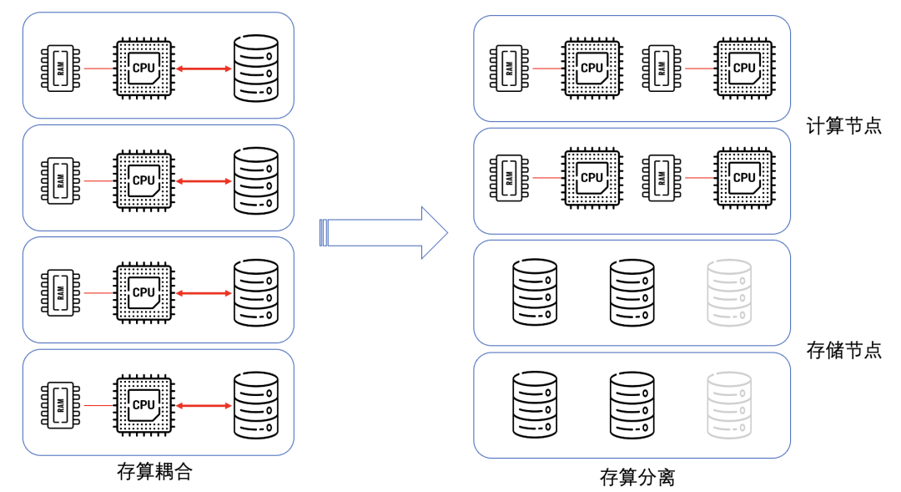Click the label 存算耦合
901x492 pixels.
[154, 471]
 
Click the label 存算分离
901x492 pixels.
[637, 478]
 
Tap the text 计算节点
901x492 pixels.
[843, 127]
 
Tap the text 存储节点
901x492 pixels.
[843, 350]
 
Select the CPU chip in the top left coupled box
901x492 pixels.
[143, 68]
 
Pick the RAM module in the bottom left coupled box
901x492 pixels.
[61, 405]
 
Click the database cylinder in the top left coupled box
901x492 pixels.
[255, 68]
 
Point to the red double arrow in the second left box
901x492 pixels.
[204, 180]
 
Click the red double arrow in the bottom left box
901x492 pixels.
[204, 405]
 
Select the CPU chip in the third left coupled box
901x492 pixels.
[143, 292]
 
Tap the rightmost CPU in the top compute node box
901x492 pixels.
[743, 68]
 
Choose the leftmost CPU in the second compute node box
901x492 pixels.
[591, 177]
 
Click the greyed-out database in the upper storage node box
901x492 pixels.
[729, 292]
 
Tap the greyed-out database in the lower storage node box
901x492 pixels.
[729, 403]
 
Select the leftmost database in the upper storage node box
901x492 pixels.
[534, 292]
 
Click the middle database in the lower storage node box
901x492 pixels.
[632, 403]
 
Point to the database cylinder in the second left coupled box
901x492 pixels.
[255, 180]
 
